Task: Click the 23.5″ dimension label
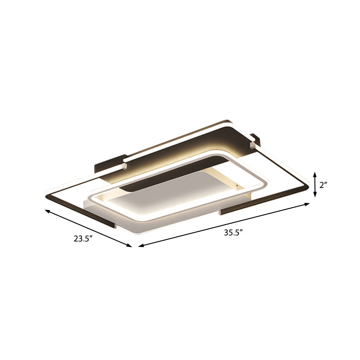[x=83, y=239]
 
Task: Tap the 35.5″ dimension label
[x=234, y=233]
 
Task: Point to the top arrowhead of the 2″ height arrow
[x=315, y=173]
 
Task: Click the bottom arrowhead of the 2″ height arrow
[x=315, y=196]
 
